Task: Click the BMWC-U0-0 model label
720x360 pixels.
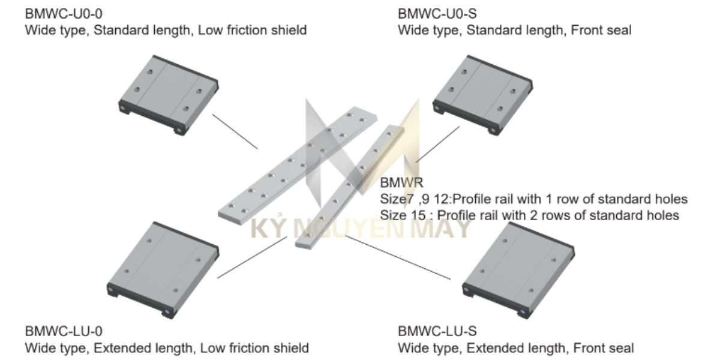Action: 64,14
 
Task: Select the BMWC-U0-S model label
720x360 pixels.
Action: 437,14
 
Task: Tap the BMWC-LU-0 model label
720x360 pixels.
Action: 64,331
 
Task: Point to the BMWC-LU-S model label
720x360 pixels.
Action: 437,331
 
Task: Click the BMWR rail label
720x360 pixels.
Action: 401,182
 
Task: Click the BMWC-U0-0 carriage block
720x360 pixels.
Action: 169,95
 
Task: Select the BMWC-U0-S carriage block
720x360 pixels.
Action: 483,95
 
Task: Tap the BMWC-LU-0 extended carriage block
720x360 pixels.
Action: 163,271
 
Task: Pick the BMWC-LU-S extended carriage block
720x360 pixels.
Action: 518,271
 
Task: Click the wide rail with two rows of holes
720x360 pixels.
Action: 298,166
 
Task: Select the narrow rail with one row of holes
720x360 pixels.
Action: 350,187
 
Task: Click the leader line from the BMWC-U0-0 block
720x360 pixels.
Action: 235,131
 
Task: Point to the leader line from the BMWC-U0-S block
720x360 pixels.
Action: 437,145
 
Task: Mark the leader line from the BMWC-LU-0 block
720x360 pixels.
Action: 252,257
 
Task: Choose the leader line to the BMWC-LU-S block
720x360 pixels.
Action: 398,258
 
